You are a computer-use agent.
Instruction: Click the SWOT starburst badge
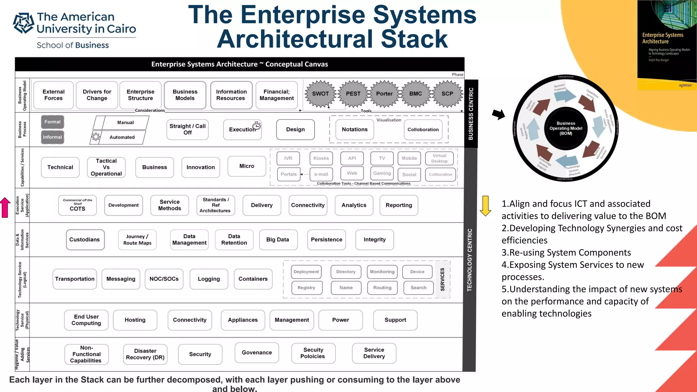[x=320, y=94]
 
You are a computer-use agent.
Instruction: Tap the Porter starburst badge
[x=384, y=94]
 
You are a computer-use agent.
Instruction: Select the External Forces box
[x=53, y=95]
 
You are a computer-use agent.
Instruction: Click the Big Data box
[x=278, y=240]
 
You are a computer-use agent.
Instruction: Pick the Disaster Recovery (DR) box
[x=145, y=354]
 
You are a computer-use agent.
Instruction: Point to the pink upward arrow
[x=5, y=207]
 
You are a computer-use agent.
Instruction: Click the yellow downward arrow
[x=485, y=206]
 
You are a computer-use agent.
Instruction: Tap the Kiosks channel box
[x=321, y=158]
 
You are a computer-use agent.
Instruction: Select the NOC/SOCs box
[x=164, y=279]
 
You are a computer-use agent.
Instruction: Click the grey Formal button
[x=52, y=122]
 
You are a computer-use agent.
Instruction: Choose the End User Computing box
[x=86, y=320]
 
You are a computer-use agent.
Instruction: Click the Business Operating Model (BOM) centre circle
[x=566, y=128]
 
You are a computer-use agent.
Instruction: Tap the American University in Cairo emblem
[x=23, y=23]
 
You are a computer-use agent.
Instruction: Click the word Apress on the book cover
[x=685, y=85]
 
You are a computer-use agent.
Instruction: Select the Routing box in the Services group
[x=382, y=288]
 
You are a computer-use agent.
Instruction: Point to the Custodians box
[x=85, y=240]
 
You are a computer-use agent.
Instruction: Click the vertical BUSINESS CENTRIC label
[x=471, y=114]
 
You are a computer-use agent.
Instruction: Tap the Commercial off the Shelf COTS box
[x=78, y=205]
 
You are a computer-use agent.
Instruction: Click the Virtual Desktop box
[x=439, y=158]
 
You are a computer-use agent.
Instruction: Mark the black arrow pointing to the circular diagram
[x=499, y=114]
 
